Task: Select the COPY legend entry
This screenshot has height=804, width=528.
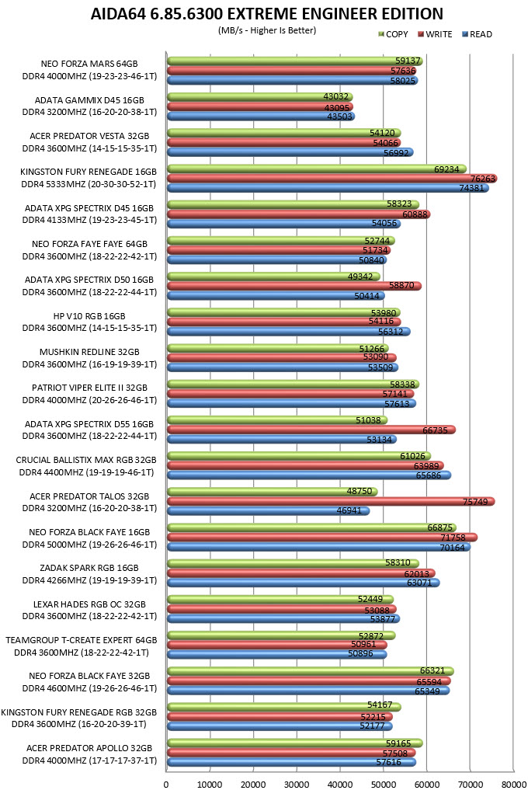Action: [x=393, y=34]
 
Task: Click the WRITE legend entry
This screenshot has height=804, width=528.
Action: [x=436, y=34]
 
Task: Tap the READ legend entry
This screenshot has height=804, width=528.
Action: [x=477, y=34]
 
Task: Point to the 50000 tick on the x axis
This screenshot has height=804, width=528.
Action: [x=384, y=785]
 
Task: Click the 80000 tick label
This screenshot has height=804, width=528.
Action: [x=514, y=785]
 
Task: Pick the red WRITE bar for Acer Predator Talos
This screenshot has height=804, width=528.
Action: [x=331, y=502]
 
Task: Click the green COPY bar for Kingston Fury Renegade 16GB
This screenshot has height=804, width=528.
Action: [x=317, y=169]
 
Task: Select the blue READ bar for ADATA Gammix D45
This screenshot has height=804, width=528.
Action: [x=261, y=117]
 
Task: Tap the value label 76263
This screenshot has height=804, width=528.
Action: [x=483, y=179]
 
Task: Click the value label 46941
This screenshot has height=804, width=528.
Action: [x=349, y=510]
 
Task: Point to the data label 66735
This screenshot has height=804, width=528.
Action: [x=435, y=430]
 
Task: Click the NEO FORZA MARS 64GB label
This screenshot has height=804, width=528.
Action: [x=89, y=64]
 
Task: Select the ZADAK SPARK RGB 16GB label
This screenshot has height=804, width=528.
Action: [x=89, y=568]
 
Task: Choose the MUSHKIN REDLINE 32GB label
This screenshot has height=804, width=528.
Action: [x=89, y=352]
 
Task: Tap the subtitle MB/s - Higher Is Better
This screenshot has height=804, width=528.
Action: [x=267, y=30]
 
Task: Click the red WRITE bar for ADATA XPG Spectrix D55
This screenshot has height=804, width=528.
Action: [x=311, y=430]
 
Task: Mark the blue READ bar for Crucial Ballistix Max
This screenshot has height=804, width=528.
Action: [x=309, y=475]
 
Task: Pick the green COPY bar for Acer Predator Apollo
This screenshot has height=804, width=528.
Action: [x=295, y=743]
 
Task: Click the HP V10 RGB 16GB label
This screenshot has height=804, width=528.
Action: [x=89, y=316]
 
